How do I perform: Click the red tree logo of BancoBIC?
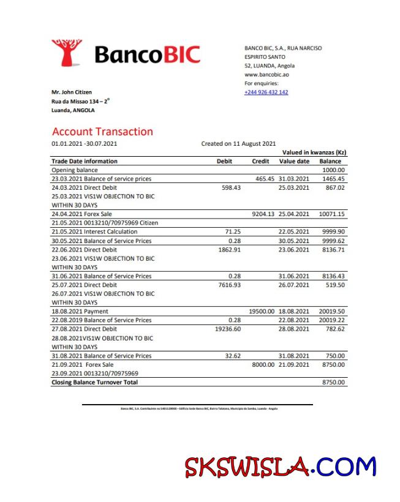66,53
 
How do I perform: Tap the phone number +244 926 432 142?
266,92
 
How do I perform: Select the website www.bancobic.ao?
266,75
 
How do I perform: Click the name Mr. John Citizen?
72,92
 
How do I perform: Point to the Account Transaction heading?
102,132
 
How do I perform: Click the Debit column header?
225,162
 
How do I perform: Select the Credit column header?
260,162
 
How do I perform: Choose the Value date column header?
295,162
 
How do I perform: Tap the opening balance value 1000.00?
333,170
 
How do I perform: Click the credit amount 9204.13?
263,214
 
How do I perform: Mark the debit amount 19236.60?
228,329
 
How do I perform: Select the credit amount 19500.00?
262,311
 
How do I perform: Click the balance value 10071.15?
331,214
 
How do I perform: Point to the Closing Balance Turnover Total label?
94,382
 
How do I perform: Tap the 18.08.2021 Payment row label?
80,311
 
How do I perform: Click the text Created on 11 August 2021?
238,144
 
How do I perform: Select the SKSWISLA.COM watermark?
280,468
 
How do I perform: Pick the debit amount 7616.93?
229,285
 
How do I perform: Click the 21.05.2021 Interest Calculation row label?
94,232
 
